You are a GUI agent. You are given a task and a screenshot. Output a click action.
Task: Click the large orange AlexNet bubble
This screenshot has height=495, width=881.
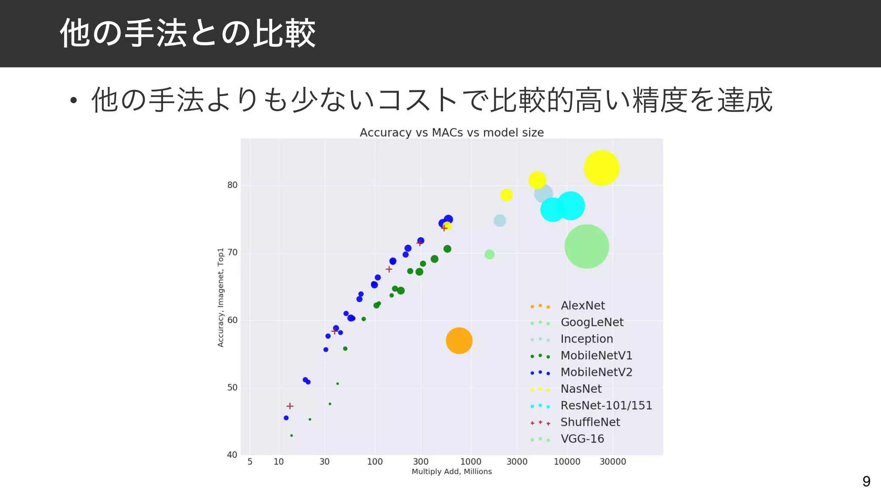tap(459, 341)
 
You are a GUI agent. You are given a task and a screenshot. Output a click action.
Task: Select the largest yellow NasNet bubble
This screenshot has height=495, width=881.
tap(601, 168)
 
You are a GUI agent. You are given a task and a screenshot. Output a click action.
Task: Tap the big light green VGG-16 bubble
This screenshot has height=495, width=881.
tap(586, 246)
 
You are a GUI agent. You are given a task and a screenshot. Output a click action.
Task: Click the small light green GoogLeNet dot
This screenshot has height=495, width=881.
tap(489, 254)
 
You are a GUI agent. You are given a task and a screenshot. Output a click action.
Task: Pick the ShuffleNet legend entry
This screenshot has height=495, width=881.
tap(590, 422)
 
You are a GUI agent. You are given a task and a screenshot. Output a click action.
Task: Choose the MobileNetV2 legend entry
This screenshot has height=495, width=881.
tap(596, 373)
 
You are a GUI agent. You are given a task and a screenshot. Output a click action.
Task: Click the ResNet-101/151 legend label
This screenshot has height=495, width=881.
tap(606, 406)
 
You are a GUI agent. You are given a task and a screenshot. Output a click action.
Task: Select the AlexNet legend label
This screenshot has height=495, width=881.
tap(582, 306)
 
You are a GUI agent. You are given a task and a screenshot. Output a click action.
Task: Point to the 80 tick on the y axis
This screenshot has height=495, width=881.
tap(232, 185)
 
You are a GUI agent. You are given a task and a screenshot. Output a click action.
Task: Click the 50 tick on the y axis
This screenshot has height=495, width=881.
tap(232, 388)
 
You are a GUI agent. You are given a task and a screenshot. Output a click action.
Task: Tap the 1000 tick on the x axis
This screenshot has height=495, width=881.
tap(471, 462)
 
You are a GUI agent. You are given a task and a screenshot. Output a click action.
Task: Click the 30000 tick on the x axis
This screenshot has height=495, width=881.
tap(613, 462)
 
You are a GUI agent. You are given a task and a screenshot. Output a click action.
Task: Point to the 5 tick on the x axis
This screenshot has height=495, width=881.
tap(250, 462)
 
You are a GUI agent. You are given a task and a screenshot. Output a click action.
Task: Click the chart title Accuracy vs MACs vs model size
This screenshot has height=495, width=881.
tap(452, 132)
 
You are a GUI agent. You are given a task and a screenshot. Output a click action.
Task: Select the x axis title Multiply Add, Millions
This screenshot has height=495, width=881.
tap(452, 472)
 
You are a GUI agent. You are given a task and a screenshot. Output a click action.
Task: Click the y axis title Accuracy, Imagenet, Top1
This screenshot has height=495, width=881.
tap(221, 297)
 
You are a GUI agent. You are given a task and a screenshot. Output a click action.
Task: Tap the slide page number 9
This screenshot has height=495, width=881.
tap(866, 481)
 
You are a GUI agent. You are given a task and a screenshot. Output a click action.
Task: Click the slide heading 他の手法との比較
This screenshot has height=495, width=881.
tap(188, 33)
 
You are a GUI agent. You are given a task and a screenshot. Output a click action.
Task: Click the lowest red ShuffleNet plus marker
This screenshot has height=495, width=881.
tap(290, 406)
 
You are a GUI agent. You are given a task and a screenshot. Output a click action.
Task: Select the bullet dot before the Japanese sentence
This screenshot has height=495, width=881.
tap(74, 101)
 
